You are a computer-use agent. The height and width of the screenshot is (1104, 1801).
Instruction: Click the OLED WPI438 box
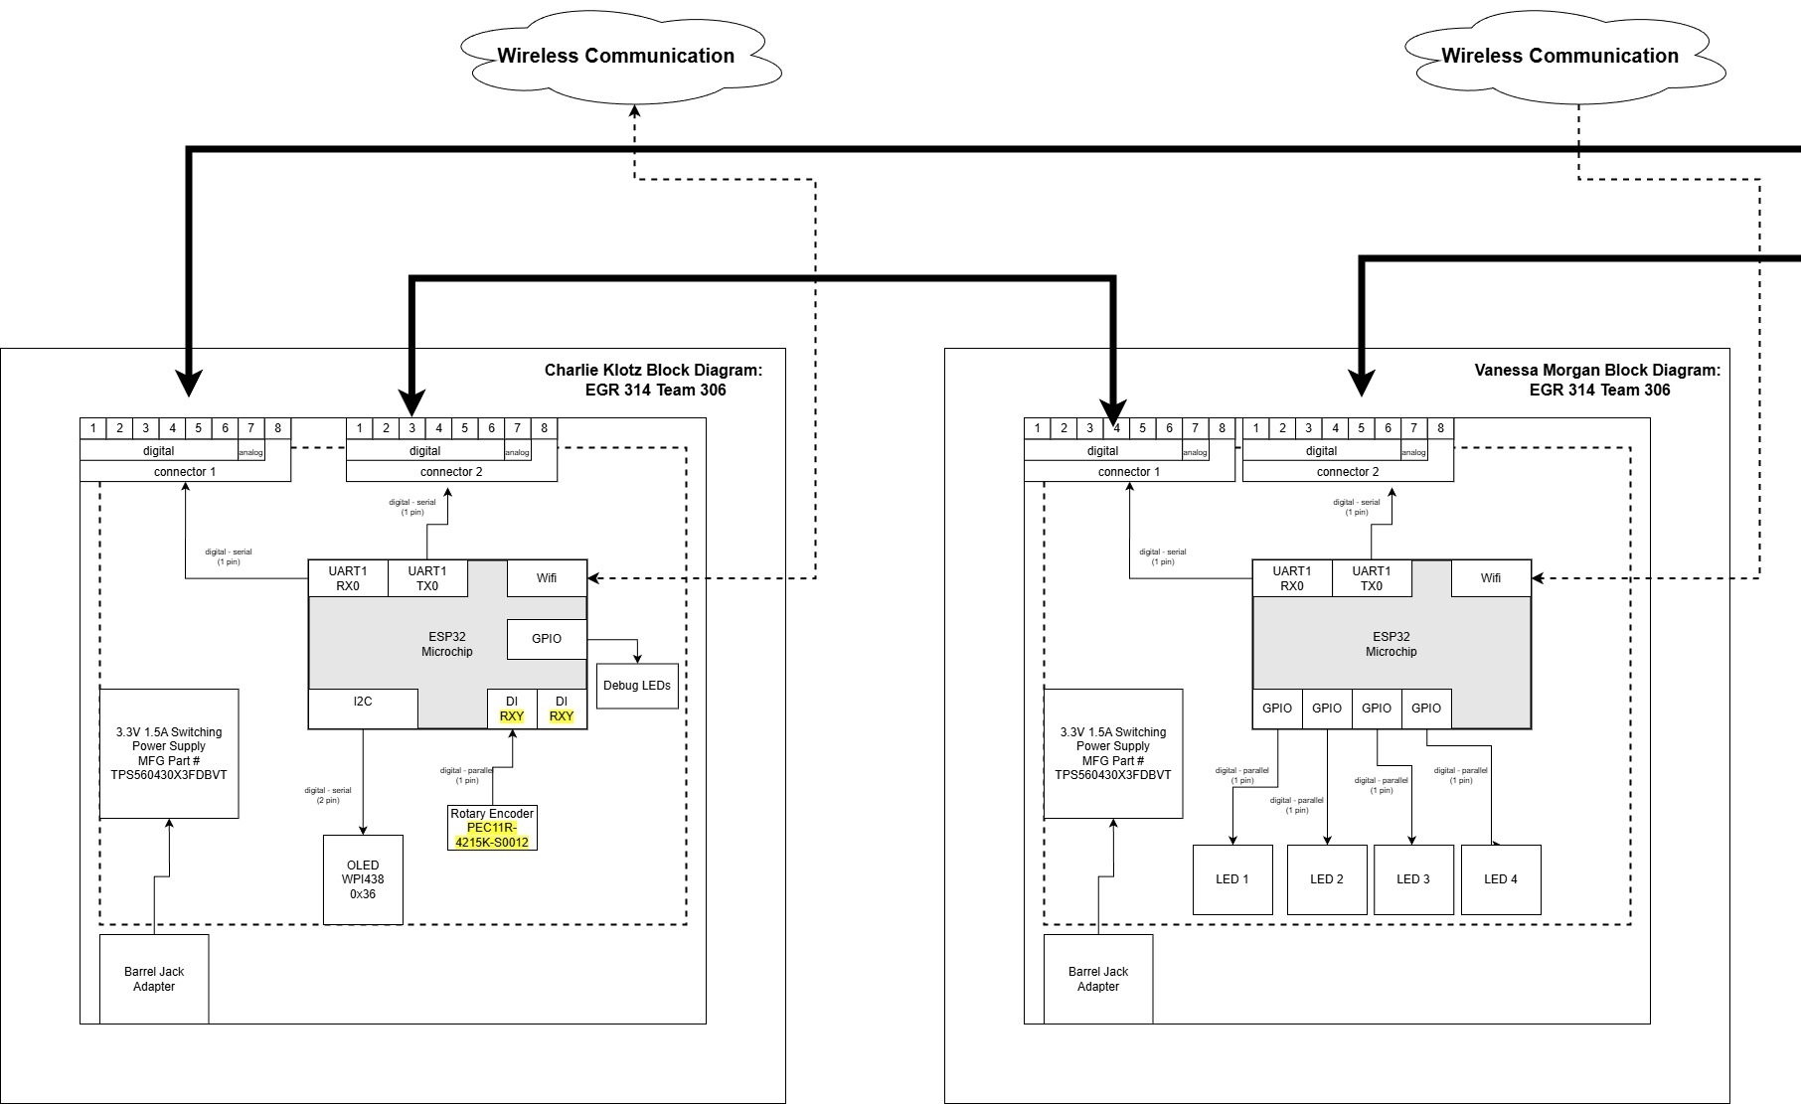pos(363,879)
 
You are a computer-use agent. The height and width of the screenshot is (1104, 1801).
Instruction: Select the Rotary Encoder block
pos(492,814)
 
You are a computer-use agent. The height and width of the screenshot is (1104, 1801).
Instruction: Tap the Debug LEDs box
pos(637,686)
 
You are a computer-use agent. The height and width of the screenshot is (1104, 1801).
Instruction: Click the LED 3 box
pos(1413,879)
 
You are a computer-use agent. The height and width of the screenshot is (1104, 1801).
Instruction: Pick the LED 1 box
pos(1232,879)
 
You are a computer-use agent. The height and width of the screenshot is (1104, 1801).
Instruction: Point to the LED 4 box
pos(1501,879)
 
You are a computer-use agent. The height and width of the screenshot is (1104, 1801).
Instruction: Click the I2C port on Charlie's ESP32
pos(363,703)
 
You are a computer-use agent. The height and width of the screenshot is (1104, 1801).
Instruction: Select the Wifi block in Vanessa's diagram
pos(1491,578)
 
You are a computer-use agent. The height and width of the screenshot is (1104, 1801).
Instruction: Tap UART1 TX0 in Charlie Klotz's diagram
pos(427,578)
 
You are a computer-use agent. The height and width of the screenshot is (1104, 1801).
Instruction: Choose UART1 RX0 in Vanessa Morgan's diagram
pos(1292,578)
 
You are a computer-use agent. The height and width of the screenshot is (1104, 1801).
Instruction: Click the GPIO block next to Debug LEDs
pos(547,639)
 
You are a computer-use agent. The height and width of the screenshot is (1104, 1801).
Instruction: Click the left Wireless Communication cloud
pos(616,56)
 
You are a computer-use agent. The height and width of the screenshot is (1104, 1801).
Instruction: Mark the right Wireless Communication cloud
pos(1560,56)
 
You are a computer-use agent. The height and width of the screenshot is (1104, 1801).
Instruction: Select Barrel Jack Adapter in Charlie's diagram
pos(154,979)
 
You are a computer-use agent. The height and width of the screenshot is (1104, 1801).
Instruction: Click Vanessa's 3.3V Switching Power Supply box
pos(1113,753)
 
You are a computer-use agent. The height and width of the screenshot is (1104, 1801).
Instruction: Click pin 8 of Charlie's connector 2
pos(545,428)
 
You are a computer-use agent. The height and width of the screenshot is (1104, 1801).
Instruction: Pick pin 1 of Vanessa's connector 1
pos(1038,428)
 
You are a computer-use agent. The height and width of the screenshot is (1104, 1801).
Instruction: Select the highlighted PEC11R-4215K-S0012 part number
pos(492,836)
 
